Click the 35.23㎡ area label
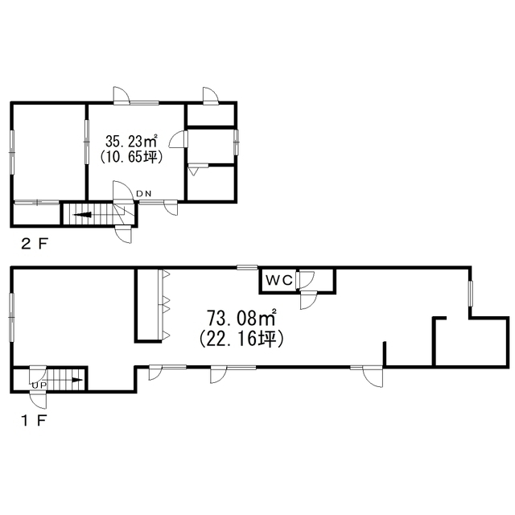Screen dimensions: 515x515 130,142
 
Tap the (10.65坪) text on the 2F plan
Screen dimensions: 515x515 131,157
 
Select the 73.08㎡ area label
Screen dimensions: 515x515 241,318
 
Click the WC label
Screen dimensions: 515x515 279,280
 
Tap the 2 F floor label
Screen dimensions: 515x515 35,244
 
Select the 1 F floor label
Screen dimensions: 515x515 35,420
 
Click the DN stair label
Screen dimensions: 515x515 144,194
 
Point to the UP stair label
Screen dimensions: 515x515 39,385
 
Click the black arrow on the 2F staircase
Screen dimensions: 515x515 82,215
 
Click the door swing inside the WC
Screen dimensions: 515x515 307,279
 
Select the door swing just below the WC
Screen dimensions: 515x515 308,300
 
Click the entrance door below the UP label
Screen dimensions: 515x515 38,399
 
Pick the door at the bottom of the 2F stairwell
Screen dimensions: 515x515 123,234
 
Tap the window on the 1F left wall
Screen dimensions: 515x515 12,317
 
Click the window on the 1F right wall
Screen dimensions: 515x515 471,294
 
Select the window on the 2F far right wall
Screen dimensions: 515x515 236,142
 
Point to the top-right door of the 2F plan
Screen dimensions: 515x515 211,96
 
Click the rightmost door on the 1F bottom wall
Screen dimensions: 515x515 373,377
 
